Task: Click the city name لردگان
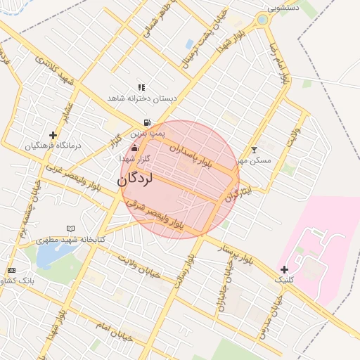pyautogui.click(x=135, y=179)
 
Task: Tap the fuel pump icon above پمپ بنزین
pyautogui.click(x=146, y=122)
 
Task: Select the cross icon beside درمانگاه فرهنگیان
pyautogui.click(x=53, y=135)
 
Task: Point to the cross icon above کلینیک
pyautogui.click(x=284, y=269)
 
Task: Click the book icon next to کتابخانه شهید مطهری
pyautogui.click(x=70, y=229)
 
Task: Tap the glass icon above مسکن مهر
pyautogui.click(x=254, y=150)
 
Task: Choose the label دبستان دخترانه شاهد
pyautogui.click(x=141, y=98)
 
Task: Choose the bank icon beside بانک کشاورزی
pyautogui.click(x=11, y=270)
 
